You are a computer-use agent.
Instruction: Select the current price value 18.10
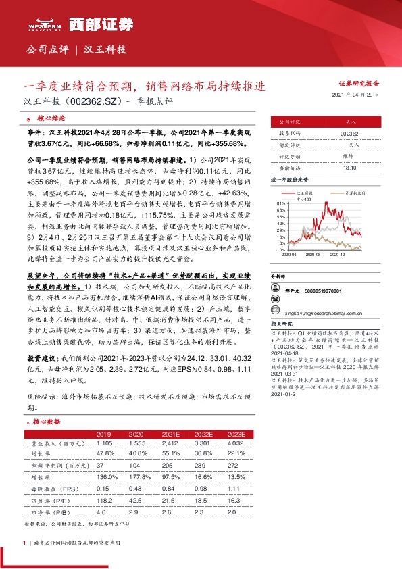349,167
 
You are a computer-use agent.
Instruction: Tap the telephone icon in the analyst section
274,291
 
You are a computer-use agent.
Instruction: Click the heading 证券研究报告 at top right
359,84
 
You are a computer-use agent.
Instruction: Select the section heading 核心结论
51,117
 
